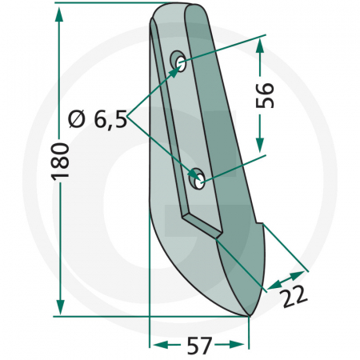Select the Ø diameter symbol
click(x=78, y=121)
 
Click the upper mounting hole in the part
click(x=180, y=62)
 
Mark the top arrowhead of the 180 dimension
click(x=60, y=12)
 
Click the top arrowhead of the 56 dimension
click(x=258, y=45)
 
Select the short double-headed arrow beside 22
click(x=281, y=280)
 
